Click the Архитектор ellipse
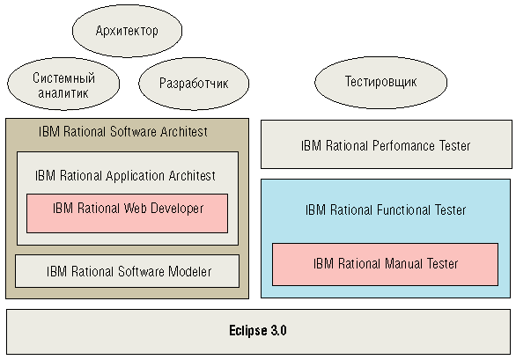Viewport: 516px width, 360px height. [127, 31]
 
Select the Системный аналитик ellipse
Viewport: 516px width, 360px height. [63, 84]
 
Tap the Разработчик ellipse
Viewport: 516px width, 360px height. [194, 84]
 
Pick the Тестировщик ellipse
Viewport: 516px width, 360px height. [380, 82]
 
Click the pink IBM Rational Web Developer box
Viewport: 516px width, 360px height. [127, 213]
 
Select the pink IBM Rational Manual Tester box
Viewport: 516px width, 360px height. [385, 264]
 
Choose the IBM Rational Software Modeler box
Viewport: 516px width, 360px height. [127, 271]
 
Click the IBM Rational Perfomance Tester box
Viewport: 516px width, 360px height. [387, 144]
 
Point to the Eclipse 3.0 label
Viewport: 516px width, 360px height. [258, 330]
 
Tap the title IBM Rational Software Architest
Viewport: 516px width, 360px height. [123, 132]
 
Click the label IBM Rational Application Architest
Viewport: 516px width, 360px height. [125, 176]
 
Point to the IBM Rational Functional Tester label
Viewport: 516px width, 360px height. [386, 210]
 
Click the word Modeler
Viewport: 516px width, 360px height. [190, 271]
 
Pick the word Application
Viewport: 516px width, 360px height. [136, 176]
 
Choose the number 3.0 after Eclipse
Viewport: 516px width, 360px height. [279, 330]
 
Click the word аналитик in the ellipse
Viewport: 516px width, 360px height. [63, 93]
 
